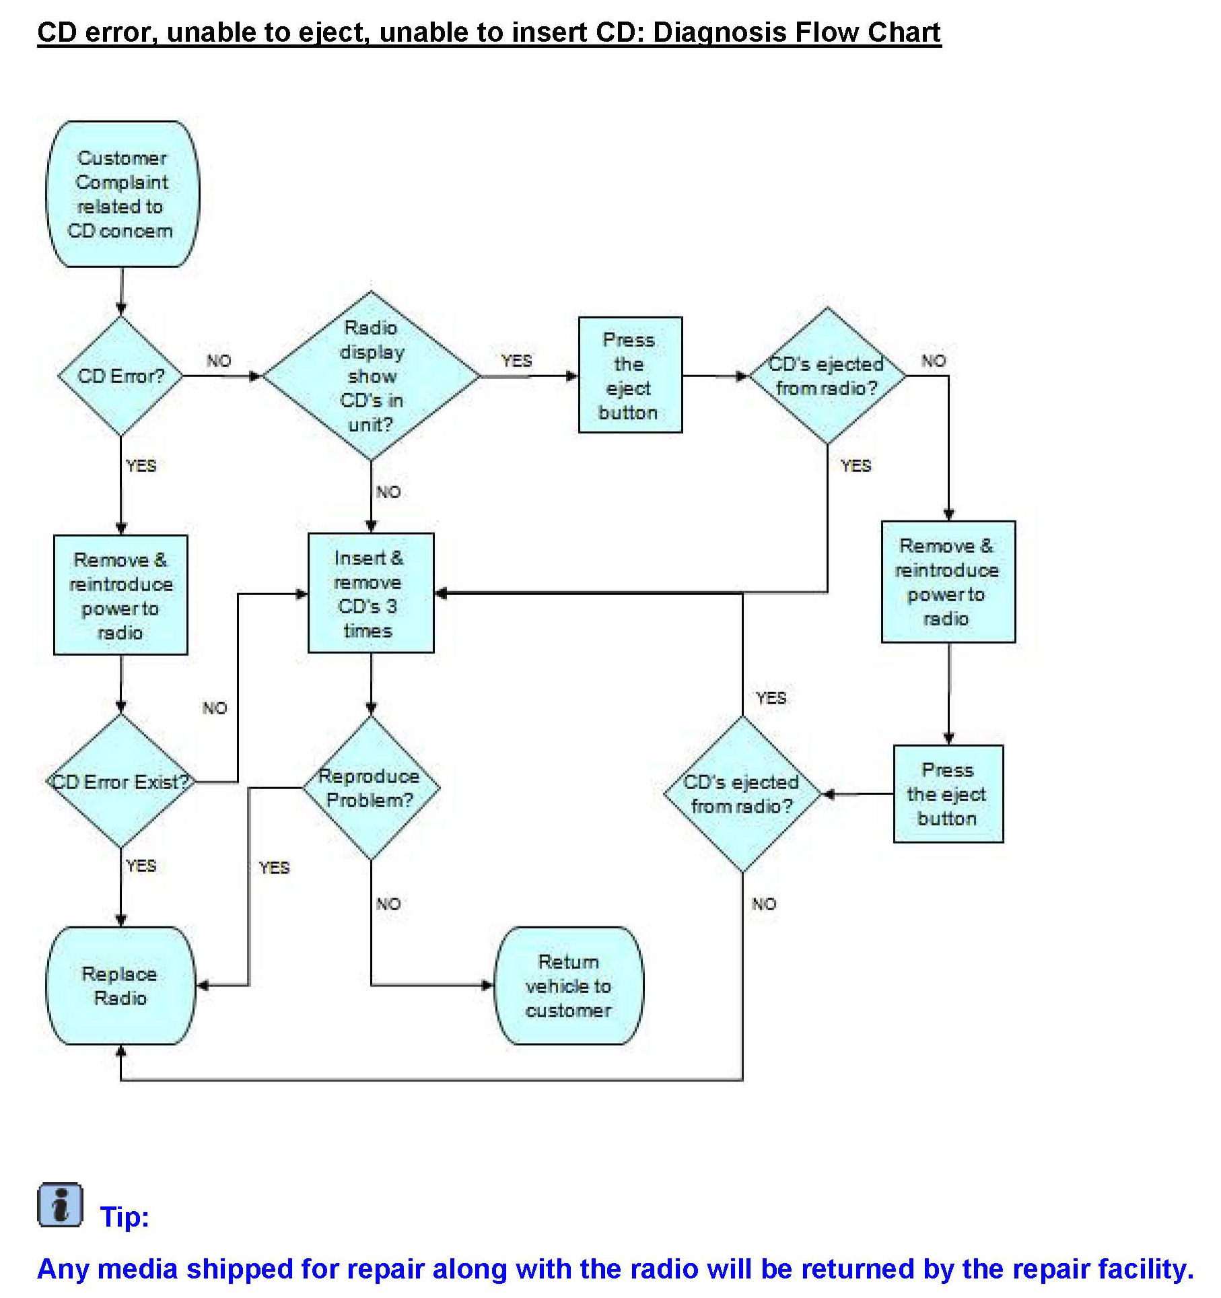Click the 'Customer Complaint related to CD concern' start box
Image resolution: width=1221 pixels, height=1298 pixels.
point(122,194)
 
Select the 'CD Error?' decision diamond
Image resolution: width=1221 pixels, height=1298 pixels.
point(121,376)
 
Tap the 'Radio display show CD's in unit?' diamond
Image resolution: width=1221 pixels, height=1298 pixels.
point(371,376)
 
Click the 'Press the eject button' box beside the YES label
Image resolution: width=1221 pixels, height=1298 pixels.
point(630,375)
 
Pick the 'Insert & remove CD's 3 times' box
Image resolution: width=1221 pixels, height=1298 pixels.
point(370,593)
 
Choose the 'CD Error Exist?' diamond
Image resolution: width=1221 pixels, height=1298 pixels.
point(121,782)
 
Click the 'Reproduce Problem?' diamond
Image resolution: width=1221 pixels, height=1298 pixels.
point(370,788)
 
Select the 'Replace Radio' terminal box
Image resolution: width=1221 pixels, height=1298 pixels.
point(120,986)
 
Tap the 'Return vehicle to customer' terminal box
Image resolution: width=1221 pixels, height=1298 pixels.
point(569,986)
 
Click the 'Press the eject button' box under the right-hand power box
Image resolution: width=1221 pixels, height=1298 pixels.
point(948,794)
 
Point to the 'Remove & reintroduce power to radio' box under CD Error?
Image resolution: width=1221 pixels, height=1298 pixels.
point(120,595)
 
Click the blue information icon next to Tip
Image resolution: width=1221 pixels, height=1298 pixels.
point(60,1204)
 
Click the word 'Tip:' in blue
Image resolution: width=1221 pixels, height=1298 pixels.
point(125,1217)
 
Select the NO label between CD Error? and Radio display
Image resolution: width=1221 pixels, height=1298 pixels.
point(219,361)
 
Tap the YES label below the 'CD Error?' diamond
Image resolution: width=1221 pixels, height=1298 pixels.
point(141,466)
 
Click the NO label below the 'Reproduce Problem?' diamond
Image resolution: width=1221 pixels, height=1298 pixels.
point(388,904)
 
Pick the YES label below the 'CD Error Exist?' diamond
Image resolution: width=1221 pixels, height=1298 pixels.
point(141,866)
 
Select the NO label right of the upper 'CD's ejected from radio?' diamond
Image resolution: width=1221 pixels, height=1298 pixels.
point(934,361)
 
